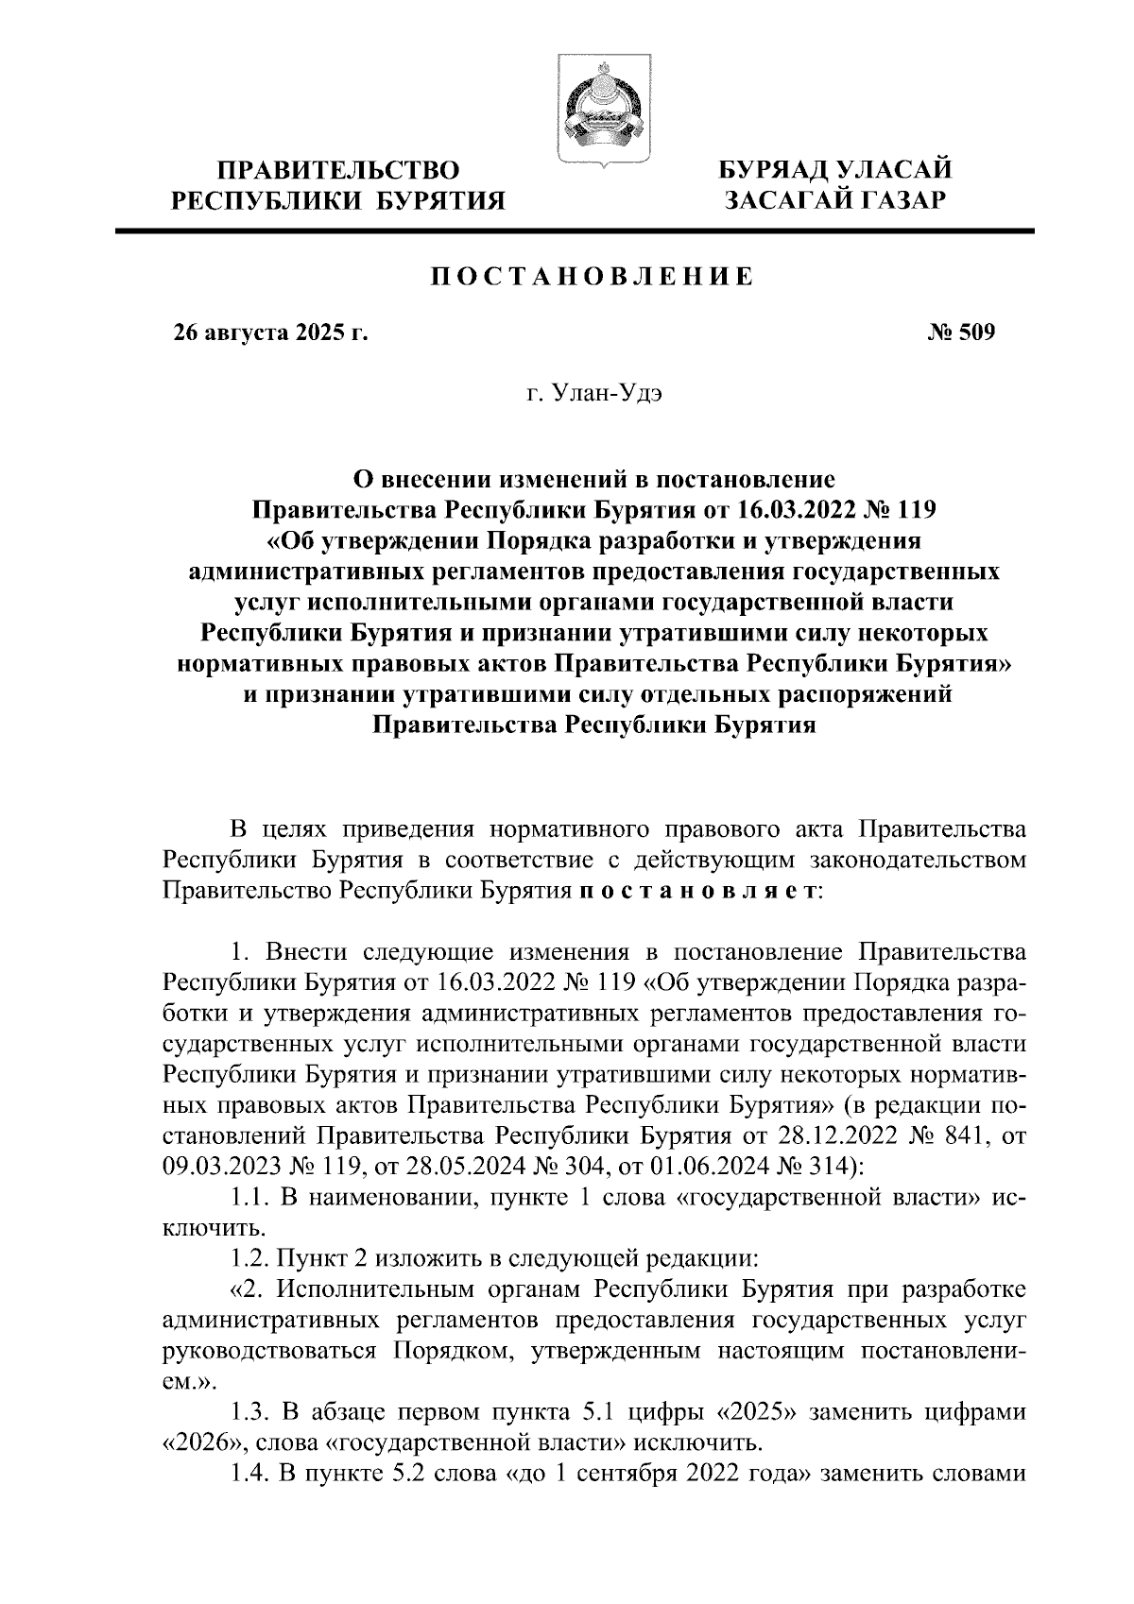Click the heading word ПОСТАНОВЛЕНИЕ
click(593, 277)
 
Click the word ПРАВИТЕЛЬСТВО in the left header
click(339, 171)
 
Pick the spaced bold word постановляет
click(696, 891)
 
